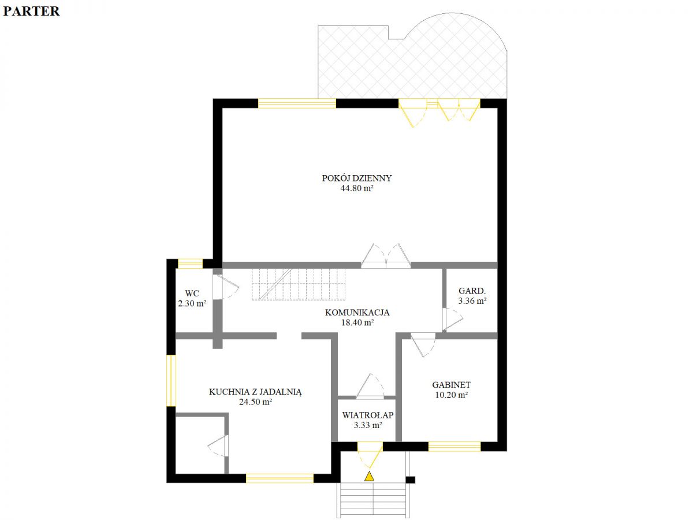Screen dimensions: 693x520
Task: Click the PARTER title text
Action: (x=31, y=12)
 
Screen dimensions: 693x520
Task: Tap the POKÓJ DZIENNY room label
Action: (x=357, y=178)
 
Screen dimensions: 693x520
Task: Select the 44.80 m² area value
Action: (x=357, y=188)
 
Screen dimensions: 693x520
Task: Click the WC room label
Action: (x=192, y=294)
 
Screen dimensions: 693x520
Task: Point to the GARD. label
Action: (x=472, y=291)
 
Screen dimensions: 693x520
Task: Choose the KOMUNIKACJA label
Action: (x=357, y=313)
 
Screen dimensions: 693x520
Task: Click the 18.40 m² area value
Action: (x=357, y=322)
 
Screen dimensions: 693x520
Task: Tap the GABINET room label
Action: (x=451, y=385)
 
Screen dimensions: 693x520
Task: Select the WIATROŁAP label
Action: (x=368, y=415)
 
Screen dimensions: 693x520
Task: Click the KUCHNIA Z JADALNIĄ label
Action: (x=255, y=392)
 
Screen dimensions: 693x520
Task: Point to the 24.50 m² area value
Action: (x=255, y=402)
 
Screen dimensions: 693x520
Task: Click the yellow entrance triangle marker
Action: (x=369, y=476)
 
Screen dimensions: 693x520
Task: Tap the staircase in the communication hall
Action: (x=299, y=284)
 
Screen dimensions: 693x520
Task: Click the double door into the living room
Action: (x=386, y=256)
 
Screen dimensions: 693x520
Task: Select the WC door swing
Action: (x=226, y=287)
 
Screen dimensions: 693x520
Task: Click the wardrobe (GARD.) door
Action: (x=452, y=319)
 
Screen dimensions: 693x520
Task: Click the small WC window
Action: (x=190, y=263)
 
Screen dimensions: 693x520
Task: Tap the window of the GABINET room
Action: (x=454, y=447)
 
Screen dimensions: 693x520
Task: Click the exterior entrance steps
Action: (x=373, y=501)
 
